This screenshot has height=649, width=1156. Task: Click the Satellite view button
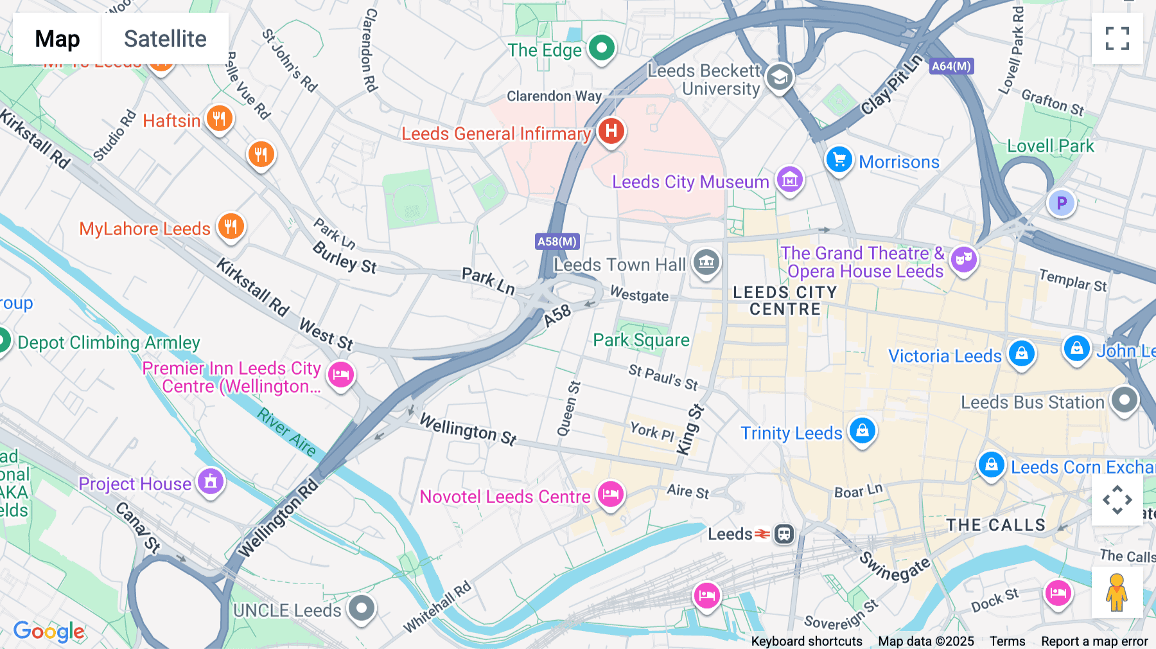pos(165,39)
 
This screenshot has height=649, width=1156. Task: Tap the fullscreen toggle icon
pos(1117,39)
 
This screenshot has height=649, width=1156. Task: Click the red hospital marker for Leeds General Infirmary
pos(611,132)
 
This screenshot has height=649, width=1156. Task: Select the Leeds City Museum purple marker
pos(789,181)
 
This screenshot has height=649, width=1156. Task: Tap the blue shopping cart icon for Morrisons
pos(839,160)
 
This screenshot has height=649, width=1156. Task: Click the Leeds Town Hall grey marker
pos(706,262)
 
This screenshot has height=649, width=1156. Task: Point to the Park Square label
pos(641,340)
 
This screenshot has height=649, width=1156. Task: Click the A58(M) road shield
pos(557,242)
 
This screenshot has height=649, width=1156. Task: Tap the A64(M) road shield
pos(951,66)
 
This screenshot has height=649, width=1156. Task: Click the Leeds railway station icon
pos(784,533)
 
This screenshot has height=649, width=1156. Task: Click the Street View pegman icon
pos(1117,592)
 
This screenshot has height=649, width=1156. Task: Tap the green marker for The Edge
pos(602,48)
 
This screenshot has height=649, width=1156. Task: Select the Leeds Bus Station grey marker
pos(1124,400)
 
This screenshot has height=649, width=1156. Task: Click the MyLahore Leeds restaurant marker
pos(231,227)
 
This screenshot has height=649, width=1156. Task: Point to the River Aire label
pos(287,432)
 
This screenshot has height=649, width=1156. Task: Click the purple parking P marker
pos(1061,204)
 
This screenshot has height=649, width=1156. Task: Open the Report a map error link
pos(1094,641)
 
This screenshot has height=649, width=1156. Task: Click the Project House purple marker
pos(210,482)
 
